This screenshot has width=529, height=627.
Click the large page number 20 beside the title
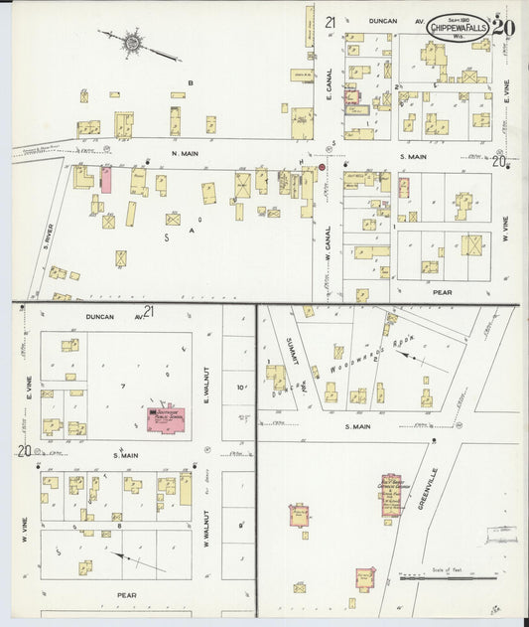(x=503, y=28)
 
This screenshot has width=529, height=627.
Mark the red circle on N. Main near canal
(x=322, y=168)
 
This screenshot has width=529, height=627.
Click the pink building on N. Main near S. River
(x=106, y=180)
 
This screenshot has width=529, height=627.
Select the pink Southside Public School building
(x=167, y=417)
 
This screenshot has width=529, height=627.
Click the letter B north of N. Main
(x=191, y=82)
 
